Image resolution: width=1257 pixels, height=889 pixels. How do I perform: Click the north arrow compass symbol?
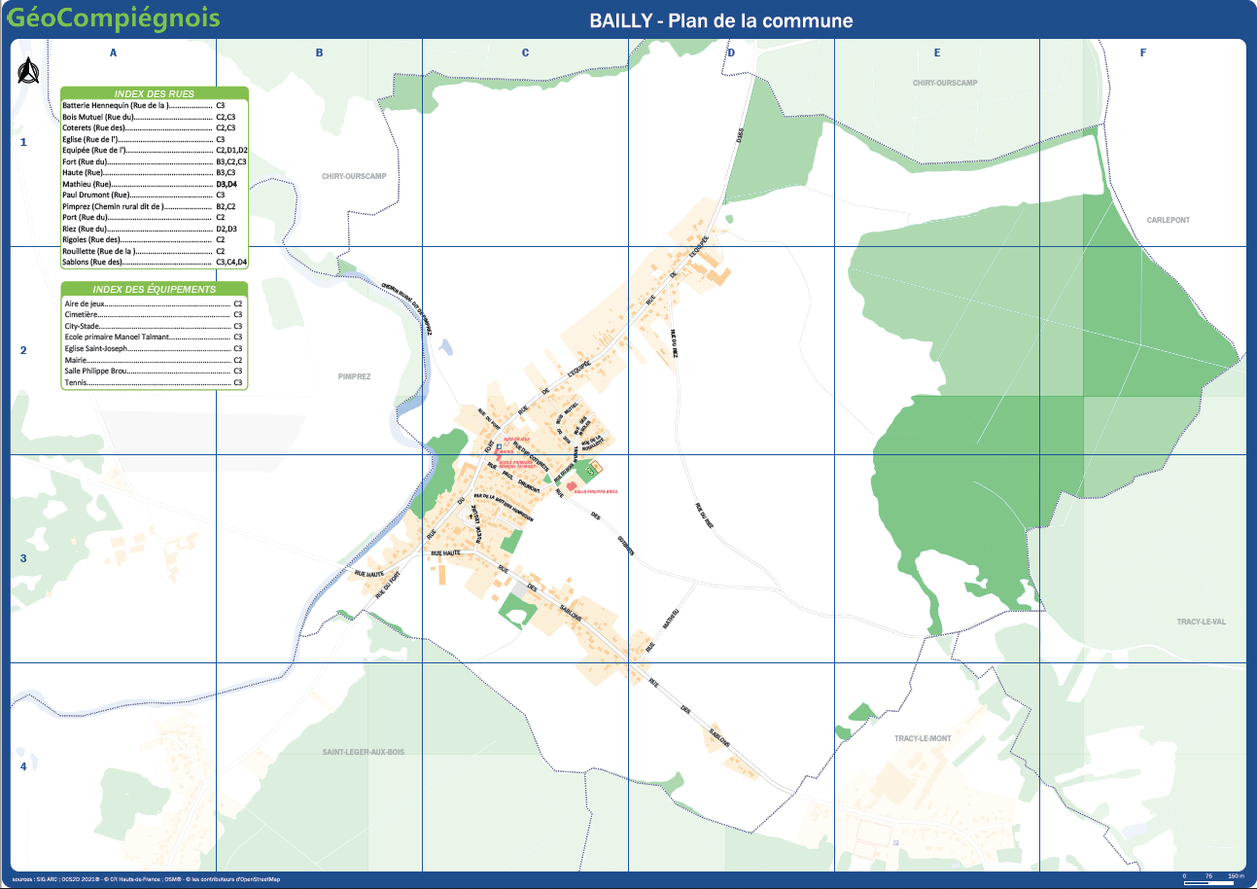pyautogui.click(x=28, y=71)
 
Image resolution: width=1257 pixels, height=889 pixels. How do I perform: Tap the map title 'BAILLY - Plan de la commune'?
pyautogui.click(x=720, y=20)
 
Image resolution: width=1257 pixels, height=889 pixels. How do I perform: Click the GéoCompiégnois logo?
pyautogui.click(x=112, y=18)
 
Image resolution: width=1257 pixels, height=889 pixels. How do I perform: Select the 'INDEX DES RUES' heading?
pyautogui.click(x=155, y=93)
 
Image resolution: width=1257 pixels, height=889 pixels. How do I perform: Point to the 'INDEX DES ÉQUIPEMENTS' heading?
pyautogui.click(x=155, y=289)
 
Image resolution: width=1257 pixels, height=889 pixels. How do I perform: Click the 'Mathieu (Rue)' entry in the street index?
pyautogui.click(x=87, y=184)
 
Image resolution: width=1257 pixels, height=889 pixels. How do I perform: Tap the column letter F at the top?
pyautogui.click(x=1143, y=53)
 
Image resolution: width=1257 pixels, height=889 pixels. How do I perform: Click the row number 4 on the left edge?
pyautogui.click(x=23, y=766)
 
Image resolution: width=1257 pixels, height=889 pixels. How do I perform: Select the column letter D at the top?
pyautogui.click(x=731, y=53)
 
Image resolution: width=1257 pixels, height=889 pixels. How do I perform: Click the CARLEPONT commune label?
pyautogui.click(x=1169, y=220)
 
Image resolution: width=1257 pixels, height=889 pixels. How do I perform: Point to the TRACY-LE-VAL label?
pyautogui.click(x=1204, y=621)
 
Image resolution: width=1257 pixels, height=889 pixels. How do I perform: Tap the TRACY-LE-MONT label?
pyautogui.click(x=923, y=738)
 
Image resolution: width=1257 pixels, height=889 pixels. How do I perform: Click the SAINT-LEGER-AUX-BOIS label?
pyautogui.click(x=363, y=752)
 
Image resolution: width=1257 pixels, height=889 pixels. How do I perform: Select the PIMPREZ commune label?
pyautogui.click(x=355, y=375)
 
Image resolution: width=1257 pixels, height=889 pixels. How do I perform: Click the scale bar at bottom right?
pyautogui.click(x=1213, y=876)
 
